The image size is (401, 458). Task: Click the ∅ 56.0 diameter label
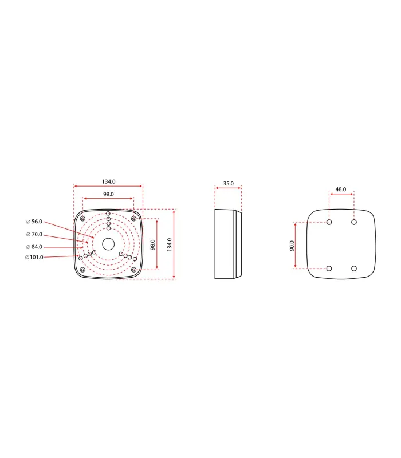(34, 222)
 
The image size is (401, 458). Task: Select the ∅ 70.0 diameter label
(34, 234)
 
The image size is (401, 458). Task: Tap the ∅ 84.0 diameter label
(34, 247)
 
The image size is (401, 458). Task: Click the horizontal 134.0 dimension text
(109, 181)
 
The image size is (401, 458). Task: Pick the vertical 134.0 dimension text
(169, 244)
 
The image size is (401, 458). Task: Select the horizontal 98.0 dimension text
(108, 195)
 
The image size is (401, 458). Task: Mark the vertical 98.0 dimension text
(152, 244)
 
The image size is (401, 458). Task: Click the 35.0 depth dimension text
(228, 183)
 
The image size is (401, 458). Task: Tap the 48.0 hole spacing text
(341, 189)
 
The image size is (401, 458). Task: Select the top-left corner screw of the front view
(84, 219)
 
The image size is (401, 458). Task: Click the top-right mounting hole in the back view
(354, 222)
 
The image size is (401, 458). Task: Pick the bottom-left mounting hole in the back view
(329, 269)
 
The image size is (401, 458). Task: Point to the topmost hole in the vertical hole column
(108, 214)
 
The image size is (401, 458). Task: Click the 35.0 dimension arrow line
(228, 188)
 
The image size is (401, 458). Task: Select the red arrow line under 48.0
(341, 194)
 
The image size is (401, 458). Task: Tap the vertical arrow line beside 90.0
(296, 245)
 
